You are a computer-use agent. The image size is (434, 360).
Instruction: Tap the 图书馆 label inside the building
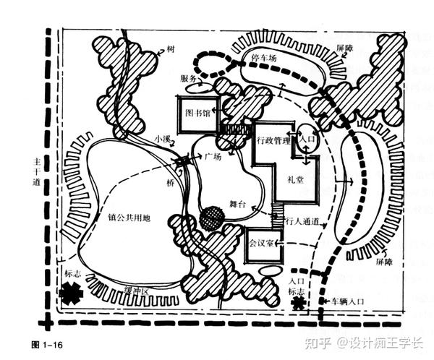pos(196,113)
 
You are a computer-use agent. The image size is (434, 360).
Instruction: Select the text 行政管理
pos(273,140)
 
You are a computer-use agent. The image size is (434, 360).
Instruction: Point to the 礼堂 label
pos(295,178)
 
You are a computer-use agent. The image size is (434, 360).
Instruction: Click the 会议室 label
pos(260,243)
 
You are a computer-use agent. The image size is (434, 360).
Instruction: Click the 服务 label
pos(190,77)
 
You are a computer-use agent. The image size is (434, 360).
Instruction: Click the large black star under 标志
pos(72,293)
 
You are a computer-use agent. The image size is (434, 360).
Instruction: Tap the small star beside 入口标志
pos(297,302)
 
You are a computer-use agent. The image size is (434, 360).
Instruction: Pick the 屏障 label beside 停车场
pos(345,49)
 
